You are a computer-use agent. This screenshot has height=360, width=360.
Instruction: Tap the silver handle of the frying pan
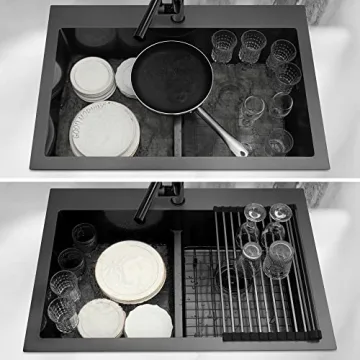tap(221, 130)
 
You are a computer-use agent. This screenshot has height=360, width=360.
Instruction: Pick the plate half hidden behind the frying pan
tap(125, 78)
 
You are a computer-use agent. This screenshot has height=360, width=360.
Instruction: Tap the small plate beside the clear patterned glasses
tap(100, 318)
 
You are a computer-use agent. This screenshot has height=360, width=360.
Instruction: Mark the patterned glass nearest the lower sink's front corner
tap(62, 312)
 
